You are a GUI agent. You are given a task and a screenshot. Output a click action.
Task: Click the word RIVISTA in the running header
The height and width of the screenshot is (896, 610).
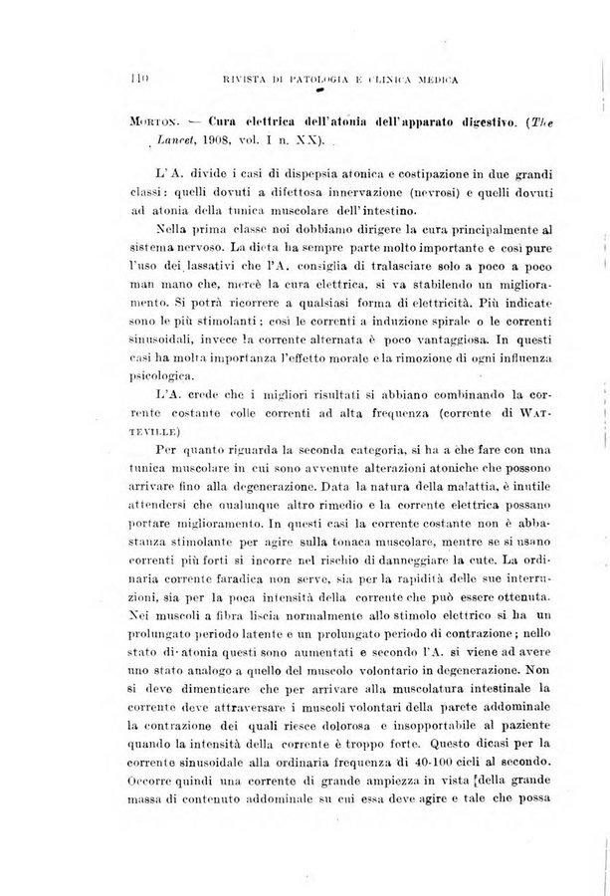click(x=227, y=78)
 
